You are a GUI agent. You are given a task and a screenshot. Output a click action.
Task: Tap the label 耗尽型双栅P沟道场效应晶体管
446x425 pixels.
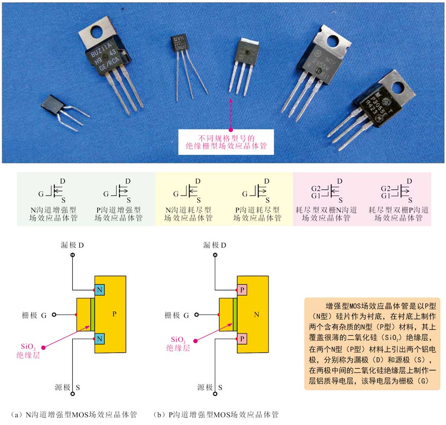(399, 214)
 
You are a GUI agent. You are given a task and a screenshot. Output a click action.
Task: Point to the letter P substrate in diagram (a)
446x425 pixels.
(114, 315)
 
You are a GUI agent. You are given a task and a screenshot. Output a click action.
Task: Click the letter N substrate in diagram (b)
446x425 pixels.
(256, 315)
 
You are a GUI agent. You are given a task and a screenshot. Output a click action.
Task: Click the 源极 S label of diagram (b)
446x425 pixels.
(214, 387)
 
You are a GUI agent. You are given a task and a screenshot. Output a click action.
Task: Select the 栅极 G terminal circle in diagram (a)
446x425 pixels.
(54, 315)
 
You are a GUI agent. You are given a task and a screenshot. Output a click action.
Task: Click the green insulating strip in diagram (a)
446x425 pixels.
(92, 315)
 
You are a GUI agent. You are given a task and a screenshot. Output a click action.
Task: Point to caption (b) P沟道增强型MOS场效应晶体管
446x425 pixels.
(215, 415)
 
